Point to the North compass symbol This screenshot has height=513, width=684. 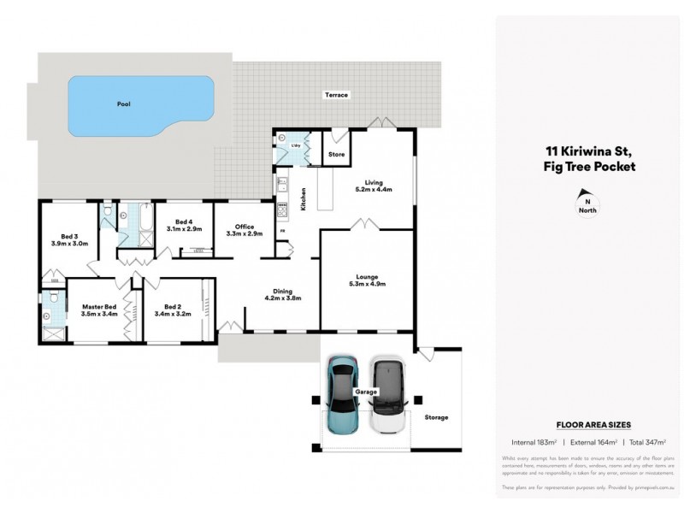point(587,202)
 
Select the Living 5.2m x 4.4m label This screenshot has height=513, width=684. point(373,186)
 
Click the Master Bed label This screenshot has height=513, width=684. point(98,310)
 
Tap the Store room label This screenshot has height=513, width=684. point(336,155)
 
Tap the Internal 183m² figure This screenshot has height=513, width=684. point(534,441)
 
